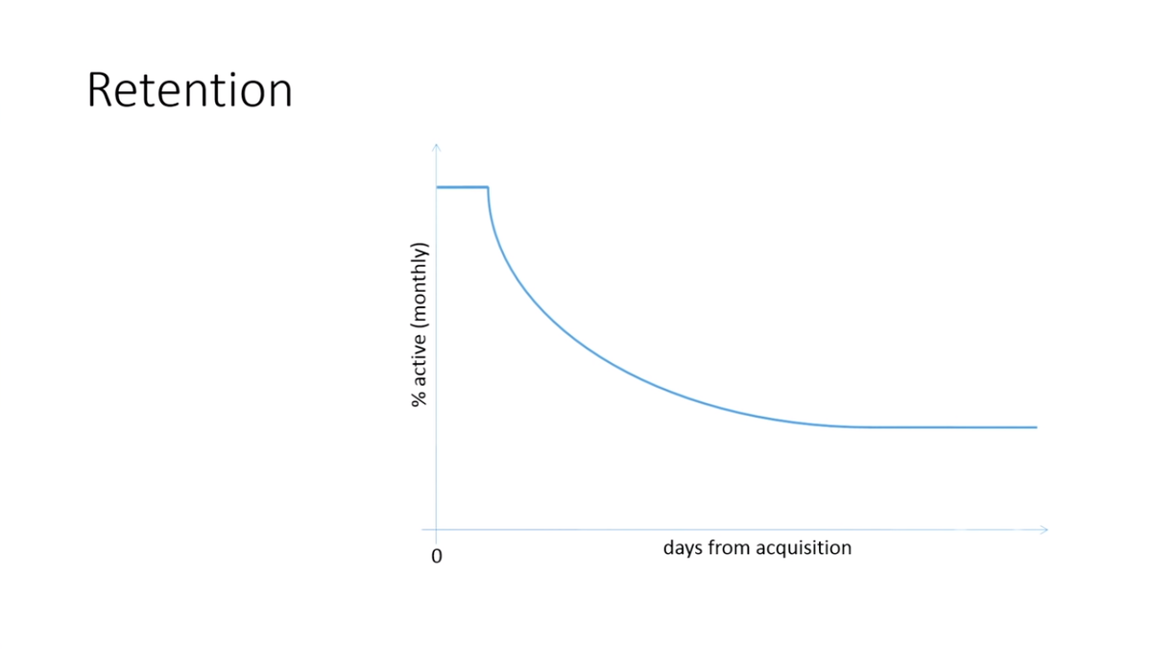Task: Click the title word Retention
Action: (190, 90)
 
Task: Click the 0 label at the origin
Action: (437, 556)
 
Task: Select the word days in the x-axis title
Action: (683, 548)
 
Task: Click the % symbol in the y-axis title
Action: (420, 398)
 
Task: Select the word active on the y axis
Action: (420, 359)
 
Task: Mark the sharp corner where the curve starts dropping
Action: (488, 187)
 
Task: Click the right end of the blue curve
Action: (1037, 427)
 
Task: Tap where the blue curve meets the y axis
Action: (437, 187)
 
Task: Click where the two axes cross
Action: (436, 529)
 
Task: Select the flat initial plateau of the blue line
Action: (462, 187)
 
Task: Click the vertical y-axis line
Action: (436, 344)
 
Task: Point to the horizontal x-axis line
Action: (734, 529)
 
